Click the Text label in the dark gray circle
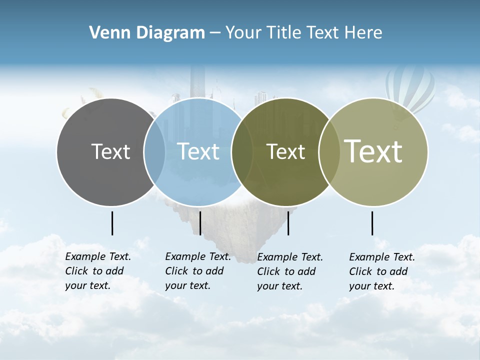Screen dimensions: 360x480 click(x=110, y=152)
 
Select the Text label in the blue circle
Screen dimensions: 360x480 click(x=198, y=152)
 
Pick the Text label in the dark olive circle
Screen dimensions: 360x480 click(x=285, y=152)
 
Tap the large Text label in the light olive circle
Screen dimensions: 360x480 click(x=373, y=151)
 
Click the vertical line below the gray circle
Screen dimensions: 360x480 click(x=112, y=223)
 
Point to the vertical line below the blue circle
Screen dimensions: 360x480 click(x=200, y=223)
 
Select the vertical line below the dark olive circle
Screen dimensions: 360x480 click(x=288, y=223)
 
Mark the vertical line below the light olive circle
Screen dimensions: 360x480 click(x=372, y=223)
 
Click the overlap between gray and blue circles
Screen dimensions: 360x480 click(x=154, y=152)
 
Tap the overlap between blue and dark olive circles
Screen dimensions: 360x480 click(x=242, y=152)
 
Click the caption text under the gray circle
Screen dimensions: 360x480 click(x=97, y=271)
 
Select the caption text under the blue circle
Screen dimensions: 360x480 click(x=197, y=271)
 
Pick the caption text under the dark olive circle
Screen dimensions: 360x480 click(x=289, y=271)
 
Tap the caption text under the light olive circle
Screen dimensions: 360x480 click(x=381, y=271)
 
